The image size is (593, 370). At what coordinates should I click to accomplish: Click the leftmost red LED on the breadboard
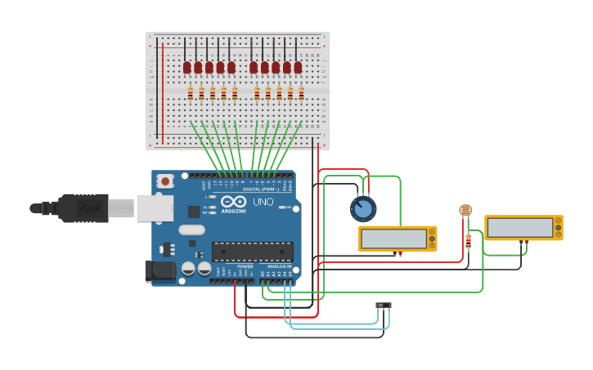click(186, 67)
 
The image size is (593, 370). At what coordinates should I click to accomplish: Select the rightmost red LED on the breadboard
click(298, 67)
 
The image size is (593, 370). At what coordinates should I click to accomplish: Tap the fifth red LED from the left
click(231, 67)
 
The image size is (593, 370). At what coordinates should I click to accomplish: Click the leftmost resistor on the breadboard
click(191, 94)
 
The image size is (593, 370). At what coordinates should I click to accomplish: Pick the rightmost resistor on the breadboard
click(301, 94)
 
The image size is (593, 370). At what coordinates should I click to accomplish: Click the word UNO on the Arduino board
click(263, 202)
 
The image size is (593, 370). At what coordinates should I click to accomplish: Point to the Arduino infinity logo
click(233, 201)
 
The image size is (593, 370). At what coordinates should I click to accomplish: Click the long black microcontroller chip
click(252, 252)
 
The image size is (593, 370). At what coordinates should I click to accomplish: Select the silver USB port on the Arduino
click(155, 207)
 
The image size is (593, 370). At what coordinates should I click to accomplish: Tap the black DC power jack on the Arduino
click(159, 270)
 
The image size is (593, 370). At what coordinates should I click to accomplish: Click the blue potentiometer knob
click(363, 209)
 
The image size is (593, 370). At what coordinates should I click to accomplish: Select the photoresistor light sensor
click(465, 211)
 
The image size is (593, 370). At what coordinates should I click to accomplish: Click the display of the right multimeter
click(519, 227)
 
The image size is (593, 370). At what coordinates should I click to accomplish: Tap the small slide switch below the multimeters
click(384, 305)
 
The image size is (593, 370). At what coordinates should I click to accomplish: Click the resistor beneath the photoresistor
click(468, 241)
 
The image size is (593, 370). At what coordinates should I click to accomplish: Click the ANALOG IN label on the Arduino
click(279, 266)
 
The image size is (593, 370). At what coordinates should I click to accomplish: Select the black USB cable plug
click(82, 208)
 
